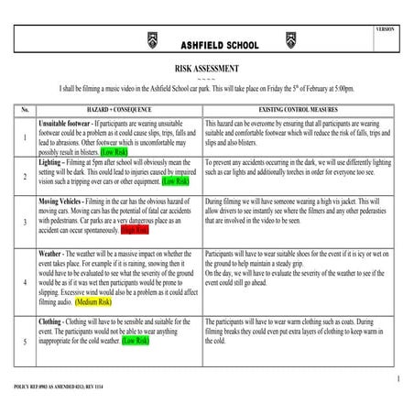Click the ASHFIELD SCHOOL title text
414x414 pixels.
206,44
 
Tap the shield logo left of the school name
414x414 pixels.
152,40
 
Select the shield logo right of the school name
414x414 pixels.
261,40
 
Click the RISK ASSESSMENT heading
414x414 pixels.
206,69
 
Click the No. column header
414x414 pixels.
25,109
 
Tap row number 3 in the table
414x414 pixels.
25,222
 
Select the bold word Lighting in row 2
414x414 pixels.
51,161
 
